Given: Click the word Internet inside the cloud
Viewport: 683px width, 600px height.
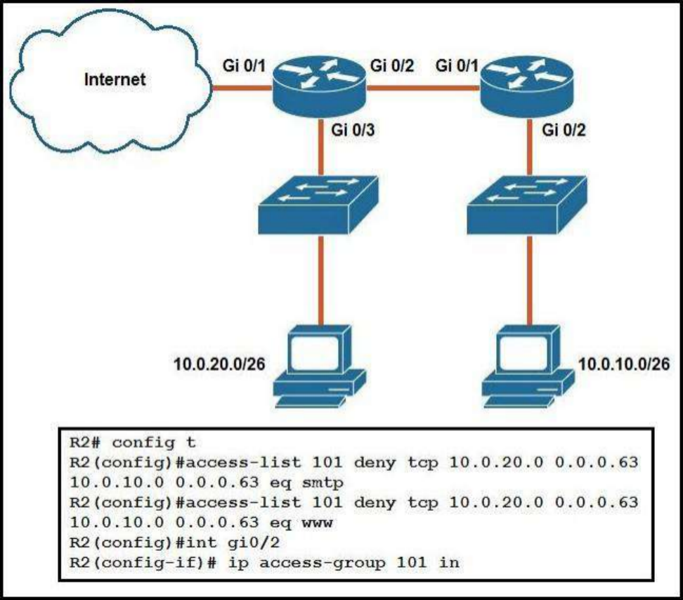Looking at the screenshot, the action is tap(115, 79).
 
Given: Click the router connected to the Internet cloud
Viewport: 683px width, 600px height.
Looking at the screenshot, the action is tap(320, 87).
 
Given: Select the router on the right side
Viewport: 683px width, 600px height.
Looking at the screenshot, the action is tap(526, 87).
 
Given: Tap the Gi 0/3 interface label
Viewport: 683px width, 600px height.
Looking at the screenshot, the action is tap(353, 130).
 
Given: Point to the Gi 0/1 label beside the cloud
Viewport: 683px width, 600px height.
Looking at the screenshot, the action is tap(244, 66).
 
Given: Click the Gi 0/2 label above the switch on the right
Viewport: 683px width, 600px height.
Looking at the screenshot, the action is tap(564, 130).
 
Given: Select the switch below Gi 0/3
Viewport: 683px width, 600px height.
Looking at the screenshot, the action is tap(318, 205).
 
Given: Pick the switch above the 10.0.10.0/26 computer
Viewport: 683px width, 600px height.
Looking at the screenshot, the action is tap(526, 205).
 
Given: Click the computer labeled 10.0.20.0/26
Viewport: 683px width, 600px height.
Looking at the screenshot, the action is tap(319, 366).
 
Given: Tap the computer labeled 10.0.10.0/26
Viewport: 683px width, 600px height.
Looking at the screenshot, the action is tap(528, 366).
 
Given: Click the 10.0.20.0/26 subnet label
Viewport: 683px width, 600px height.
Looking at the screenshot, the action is tap(219, 364).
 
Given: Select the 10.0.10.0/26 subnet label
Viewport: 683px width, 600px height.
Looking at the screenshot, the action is tap(624, 364).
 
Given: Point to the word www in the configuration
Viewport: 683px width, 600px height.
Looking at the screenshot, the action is tap(317, 523).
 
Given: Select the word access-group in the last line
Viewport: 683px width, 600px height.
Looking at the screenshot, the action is tap(323, 563).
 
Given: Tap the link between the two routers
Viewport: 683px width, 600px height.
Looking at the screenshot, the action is tap(424, 88).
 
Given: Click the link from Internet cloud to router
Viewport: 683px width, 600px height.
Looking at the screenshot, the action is tap(242, 88).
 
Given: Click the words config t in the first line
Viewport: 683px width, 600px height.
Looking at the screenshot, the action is tap(154, 443).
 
